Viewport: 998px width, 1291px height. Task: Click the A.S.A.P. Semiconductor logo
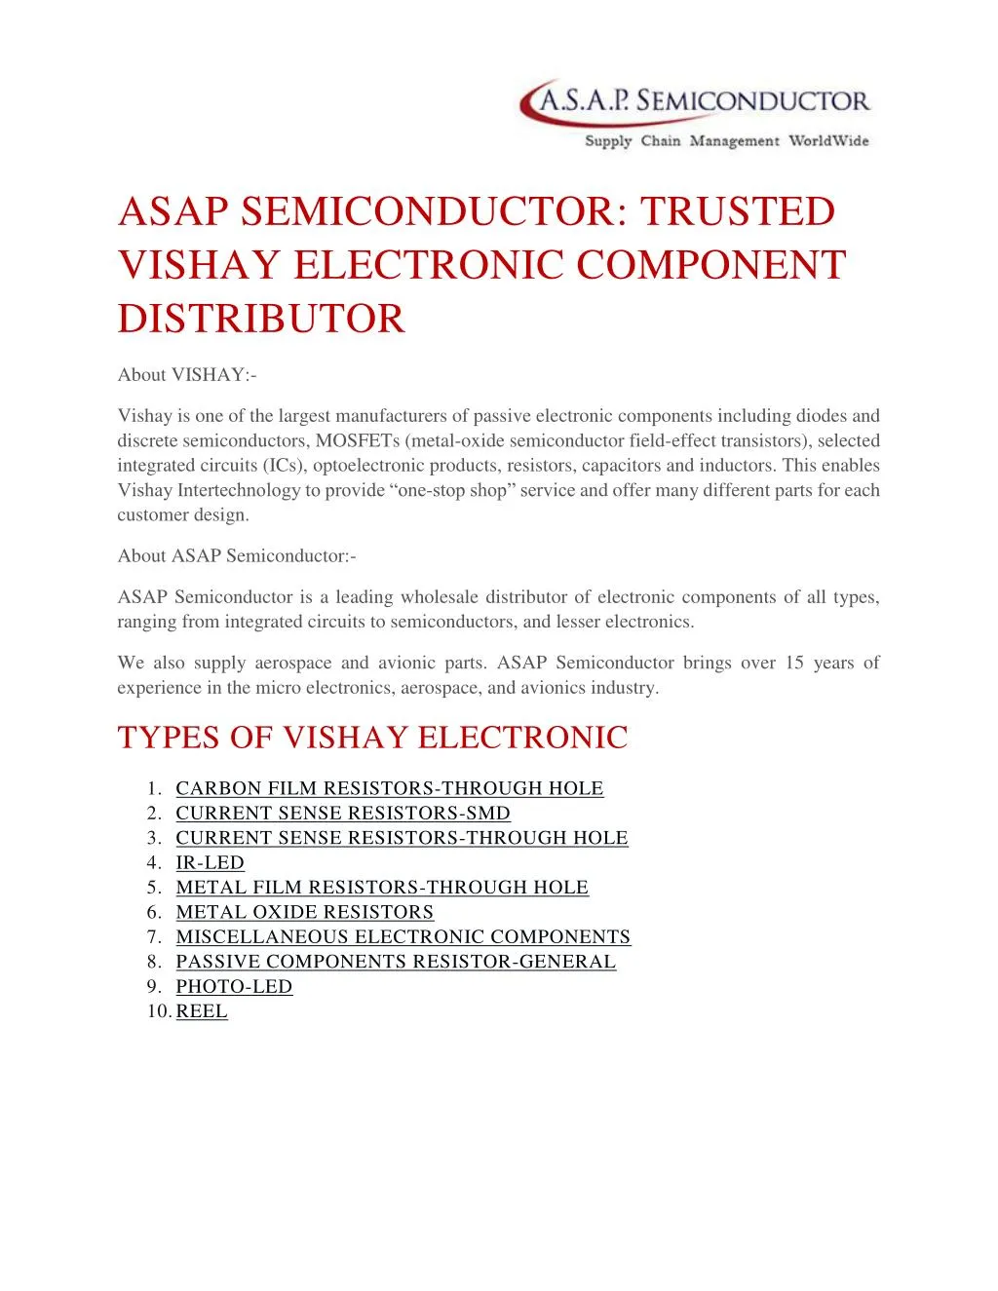pos(694,102)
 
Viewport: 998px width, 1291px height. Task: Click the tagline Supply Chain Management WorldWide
pos(726,141)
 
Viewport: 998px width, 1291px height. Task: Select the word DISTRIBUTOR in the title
pos(261,319)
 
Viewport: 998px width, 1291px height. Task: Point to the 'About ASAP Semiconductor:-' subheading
pos(237,556)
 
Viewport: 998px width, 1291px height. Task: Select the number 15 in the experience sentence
pos(794,664)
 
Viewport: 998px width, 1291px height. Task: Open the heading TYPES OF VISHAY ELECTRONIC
pos(372,738)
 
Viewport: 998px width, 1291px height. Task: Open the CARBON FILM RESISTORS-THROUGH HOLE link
pos(389,788)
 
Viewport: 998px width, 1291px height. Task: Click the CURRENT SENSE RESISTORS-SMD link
pos(342,814)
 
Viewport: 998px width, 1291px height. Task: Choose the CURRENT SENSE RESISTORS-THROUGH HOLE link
pos(402,838)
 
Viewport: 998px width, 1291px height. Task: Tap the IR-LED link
pos(210,863)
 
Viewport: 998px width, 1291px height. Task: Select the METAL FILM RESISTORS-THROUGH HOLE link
pos(381,888)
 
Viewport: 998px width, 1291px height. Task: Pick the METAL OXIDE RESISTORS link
pos(304,913)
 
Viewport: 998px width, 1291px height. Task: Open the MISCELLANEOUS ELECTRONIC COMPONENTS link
pos(403,937)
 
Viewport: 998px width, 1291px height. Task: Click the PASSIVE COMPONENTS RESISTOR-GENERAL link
pos(396,963)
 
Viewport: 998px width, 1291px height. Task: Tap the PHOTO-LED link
pos(234,987)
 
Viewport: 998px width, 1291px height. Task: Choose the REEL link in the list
pos(202,1012)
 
